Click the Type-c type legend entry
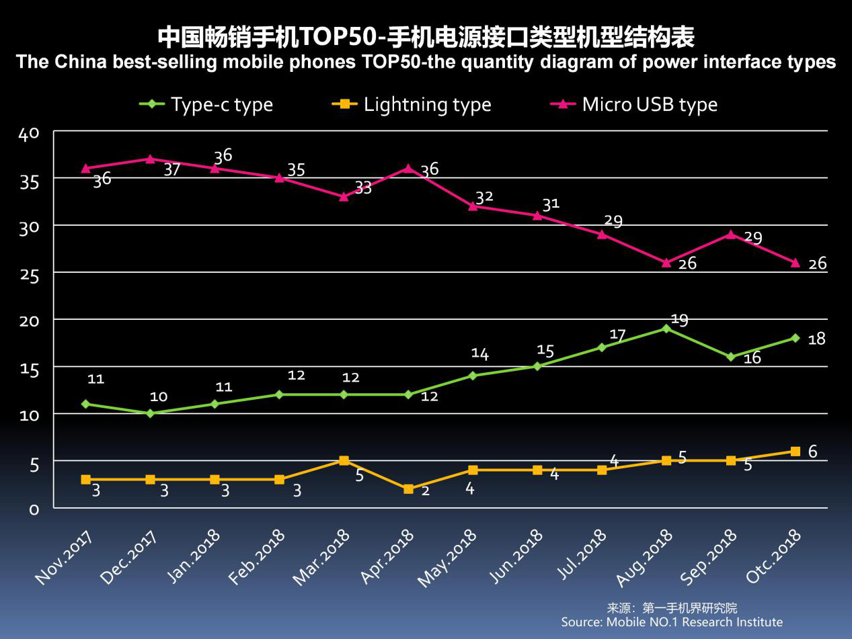coord(206,105)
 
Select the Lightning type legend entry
coord(412,105)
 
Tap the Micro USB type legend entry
coord(634,105)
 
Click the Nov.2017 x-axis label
coord(64,556)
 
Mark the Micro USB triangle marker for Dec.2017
coord(150,159)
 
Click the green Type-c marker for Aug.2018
coord(666,329)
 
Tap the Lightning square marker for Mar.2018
coord(344,461)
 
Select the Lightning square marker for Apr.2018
coord(408,489)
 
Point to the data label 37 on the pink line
coord(172,169)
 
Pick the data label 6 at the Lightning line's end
coord(812,452)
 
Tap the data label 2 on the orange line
coord(424,491)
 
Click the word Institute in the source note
coord(757,622)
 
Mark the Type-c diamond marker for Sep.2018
coord(730,357)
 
